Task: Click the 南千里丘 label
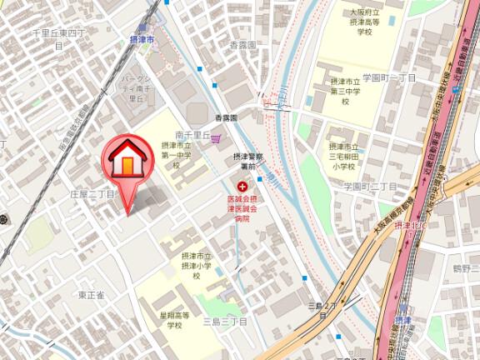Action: [x=191, y=134]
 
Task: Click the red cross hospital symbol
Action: [x=243, y=187]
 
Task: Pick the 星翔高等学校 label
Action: [x=174, y=321]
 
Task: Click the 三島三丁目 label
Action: [x=224, y=321]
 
